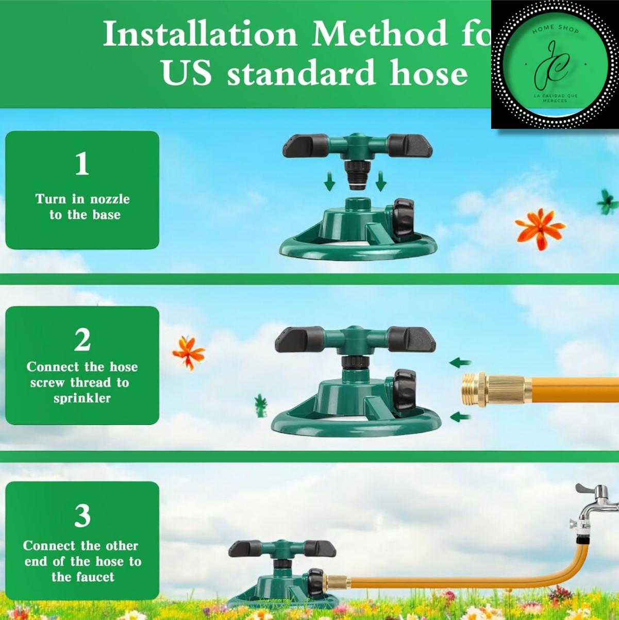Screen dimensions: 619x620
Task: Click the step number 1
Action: (82, 163)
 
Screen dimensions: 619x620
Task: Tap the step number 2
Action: (82, 340)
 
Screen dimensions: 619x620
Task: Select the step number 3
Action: (82, 515)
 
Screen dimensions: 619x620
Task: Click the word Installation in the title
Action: (199, 34)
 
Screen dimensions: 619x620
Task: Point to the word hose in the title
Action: (428, 72)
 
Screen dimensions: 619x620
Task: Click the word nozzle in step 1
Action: (110, 199)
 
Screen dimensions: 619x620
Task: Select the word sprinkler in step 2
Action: (82, 398)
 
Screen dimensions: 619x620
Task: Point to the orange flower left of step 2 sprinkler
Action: (188, 353)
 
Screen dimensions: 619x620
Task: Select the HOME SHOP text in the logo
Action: (556, 29)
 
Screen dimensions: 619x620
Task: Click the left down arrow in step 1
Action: (330, 181)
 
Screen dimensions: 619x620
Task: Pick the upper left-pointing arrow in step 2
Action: (460, 363)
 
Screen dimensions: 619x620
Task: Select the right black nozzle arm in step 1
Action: (410, 145)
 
